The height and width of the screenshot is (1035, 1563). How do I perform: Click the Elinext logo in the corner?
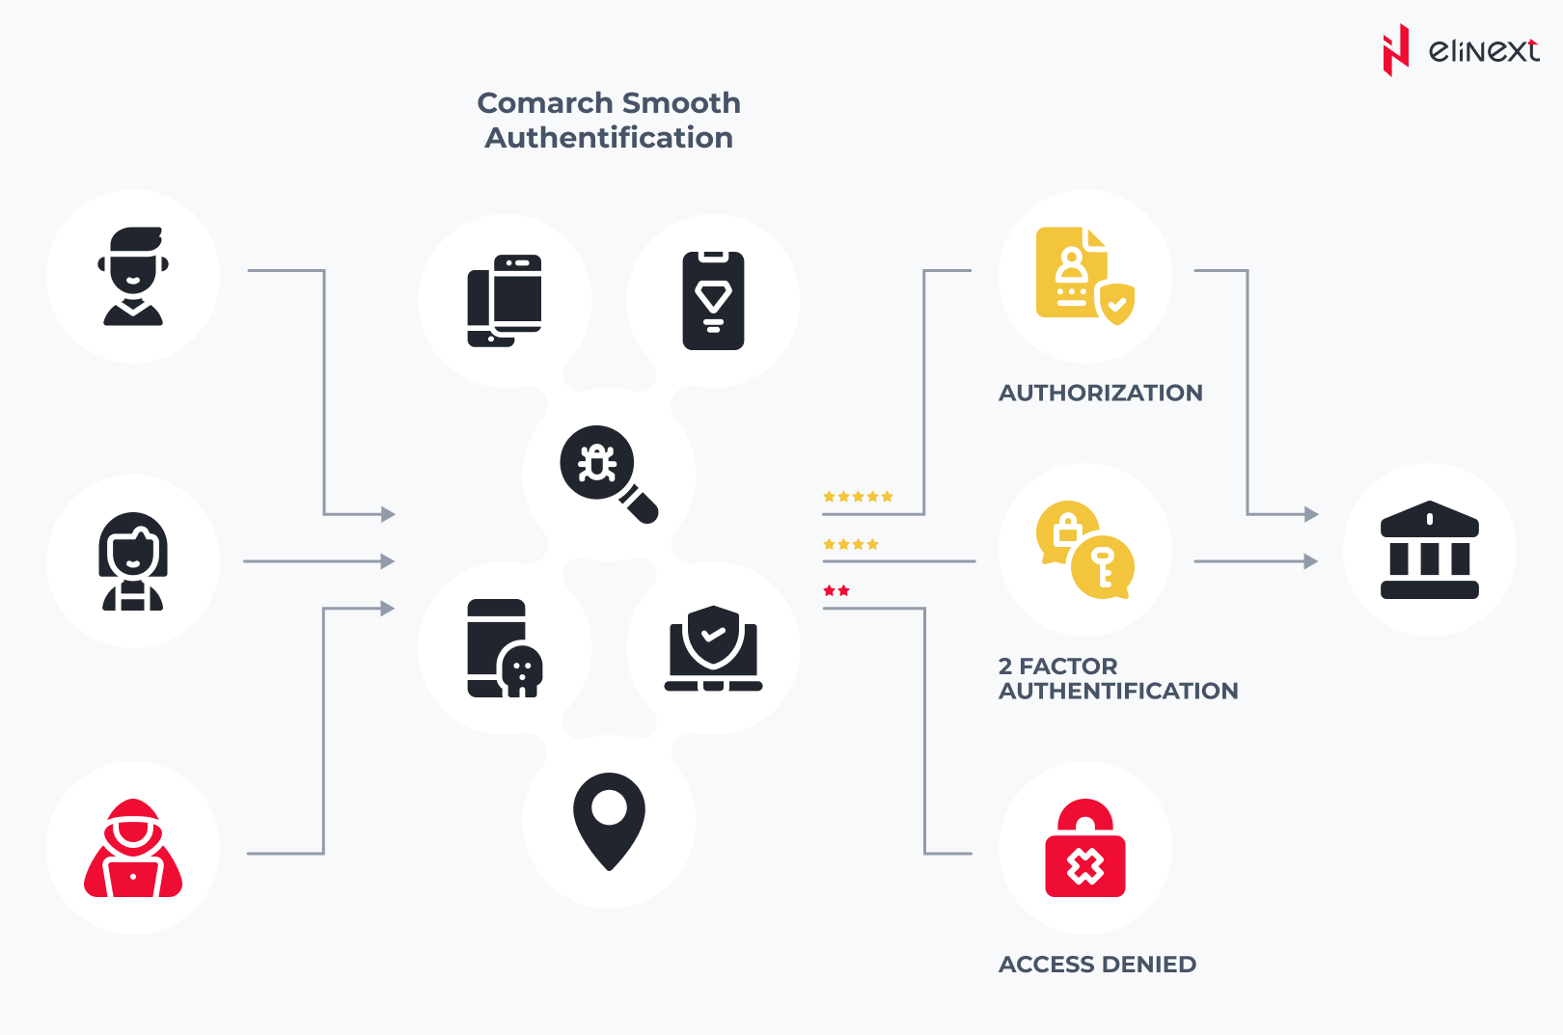point(1459,50)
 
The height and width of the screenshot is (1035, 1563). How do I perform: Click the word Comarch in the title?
point(544,103)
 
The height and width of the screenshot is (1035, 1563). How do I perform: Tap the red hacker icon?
point(133,849)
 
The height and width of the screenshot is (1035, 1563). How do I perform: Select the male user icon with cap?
point(133,277)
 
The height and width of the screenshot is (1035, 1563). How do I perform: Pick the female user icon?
point(133,561)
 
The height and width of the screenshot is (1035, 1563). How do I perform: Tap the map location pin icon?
point(609,821)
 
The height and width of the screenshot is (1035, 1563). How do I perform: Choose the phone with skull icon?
point(504,648)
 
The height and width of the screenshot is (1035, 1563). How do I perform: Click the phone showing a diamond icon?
point(713,301)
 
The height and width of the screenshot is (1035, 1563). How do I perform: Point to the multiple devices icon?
point(504,301)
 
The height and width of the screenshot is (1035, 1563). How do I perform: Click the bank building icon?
point(1429,550)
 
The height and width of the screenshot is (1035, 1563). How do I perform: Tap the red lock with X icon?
point(1084,849)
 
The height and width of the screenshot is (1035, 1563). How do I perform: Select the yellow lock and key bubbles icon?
point(1084,550)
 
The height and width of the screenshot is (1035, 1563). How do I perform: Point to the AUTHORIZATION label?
point(1100,393)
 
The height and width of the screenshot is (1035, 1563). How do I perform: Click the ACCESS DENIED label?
point(1097,965)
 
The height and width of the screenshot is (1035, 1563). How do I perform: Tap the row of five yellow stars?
point(858,497)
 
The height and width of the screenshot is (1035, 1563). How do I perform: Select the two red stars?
point(836,590)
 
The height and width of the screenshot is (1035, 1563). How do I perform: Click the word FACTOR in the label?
point(1068,667)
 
